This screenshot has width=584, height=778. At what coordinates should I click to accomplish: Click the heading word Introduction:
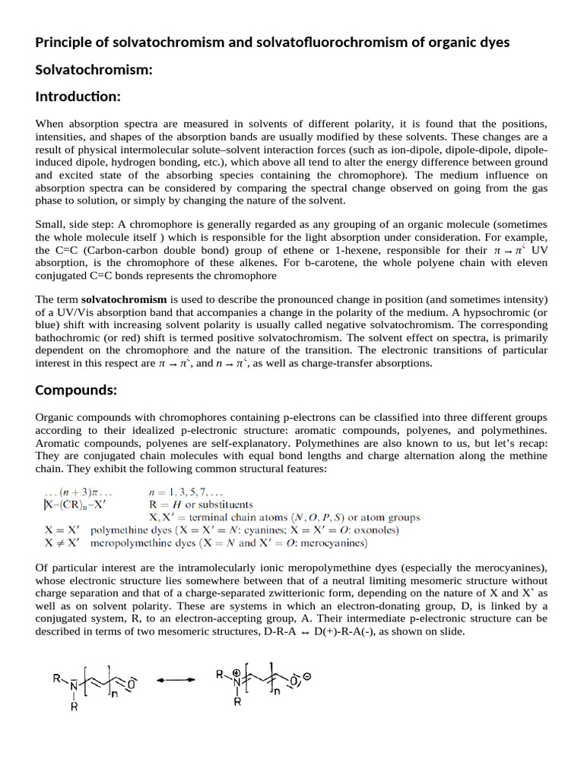(78, 96)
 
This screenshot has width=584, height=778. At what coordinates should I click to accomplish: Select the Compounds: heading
(76, 391)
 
